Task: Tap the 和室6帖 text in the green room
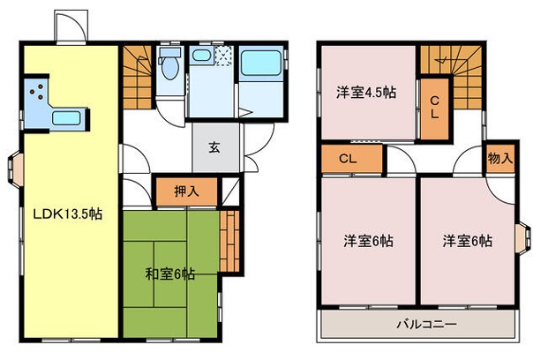169,274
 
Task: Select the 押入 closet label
185,191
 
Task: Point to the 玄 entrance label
214,148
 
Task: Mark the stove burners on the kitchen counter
38,89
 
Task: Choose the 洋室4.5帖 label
364,92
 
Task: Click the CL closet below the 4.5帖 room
347,160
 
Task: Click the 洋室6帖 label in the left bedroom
368,240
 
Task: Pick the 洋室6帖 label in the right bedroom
467,240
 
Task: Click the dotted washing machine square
223,61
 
